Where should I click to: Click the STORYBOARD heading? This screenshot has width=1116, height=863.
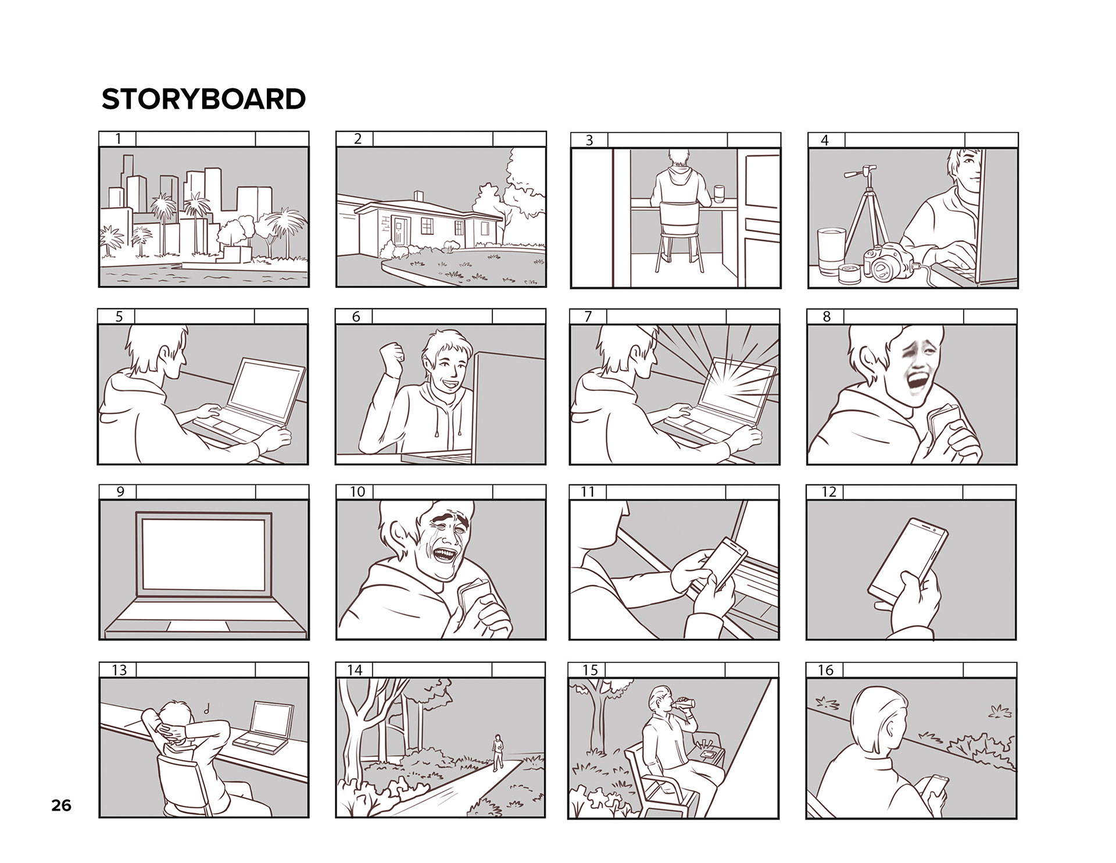203,99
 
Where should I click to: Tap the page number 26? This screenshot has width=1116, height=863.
61,805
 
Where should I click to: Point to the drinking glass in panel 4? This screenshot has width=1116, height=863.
832,251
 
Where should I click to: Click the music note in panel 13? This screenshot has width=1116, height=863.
207,709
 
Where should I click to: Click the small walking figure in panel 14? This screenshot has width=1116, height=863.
497,752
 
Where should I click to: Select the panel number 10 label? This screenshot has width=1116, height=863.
357,492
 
